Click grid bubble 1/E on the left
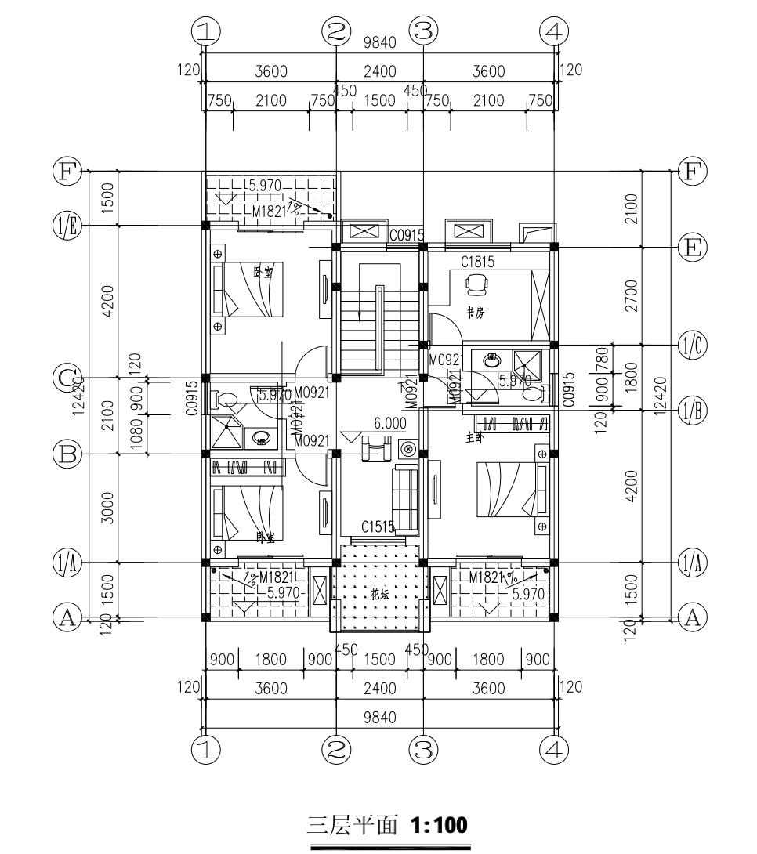[x=67, y=226]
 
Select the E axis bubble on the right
[x=690, y=248]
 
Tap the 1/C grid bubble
[x=690, y=345]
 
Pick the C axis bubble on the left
[x=67, y=378]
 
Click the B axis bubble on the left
[x=67, y=454]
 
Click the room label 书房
[x=475, y=313]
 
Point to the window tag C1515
[x=378, y=527]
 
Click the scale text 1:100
[x=436, y=824]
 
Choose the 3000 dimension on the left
[x=108, y=508]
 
